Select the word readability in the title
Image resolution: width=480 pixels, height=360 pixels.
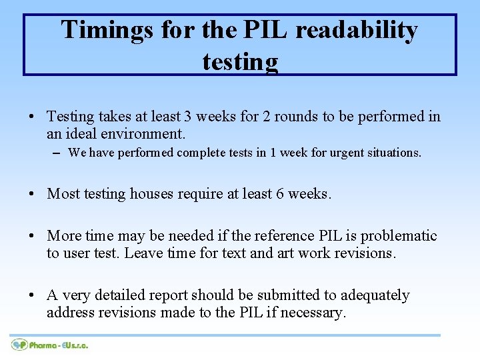click(x=357, y=30)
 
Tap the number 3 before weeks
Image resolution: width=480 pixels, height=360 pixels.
click(x=188, y=117)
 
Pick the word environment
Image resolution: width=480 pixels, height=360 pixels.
click(x=144, y=134)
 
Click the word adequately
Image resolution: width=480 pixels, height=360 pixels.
click(x=375, y=295)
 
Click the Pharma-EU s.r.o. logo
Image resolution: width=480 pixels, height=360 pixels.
click(x=50, y=345)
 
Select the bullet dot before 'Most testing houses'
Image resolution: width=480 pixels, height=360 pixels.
click(x=32, y=195)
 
